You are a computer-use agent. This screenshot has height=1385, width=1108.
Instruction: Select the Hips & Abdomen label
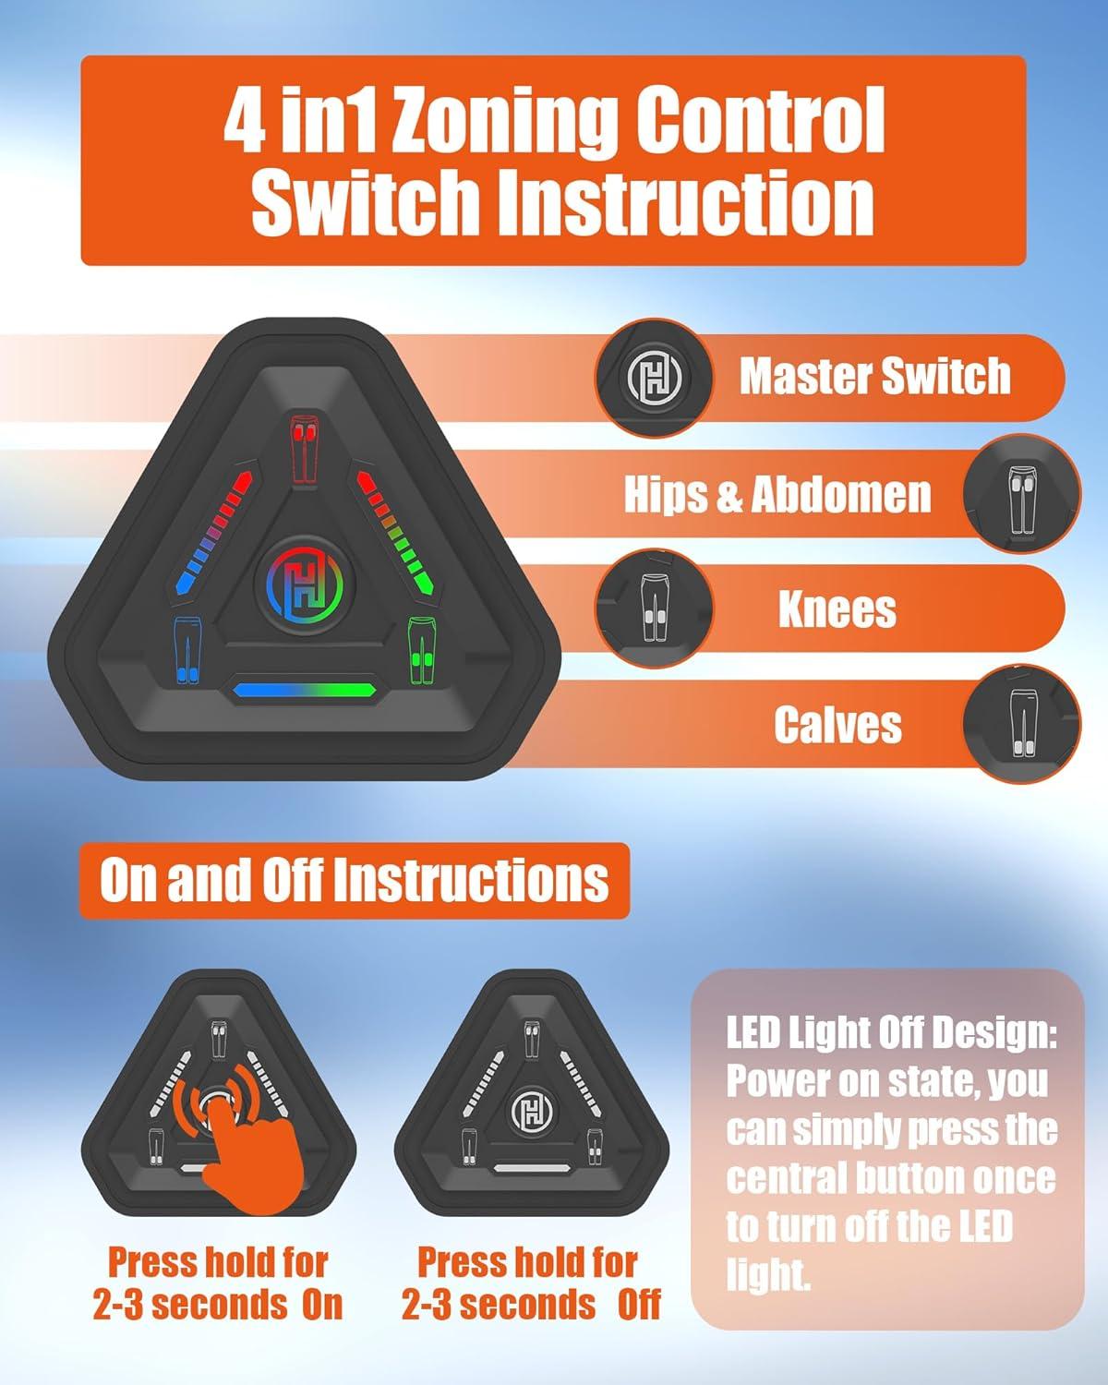coord(777,494)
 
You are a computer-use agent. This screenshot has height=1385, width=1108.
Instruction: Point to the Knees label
coord(837,608)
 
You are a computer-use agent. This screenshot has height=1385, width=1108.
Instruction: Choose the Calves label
coord(837,725)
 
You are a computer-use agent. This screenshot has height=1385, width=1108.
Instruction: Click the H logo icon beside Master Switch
coord(655,378)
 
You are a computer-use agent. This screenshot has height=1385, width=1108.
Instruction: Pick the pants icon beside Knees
coord(655,608)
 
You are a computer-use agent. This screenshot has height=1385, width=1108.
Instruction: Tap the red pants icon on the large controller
coord(301,448)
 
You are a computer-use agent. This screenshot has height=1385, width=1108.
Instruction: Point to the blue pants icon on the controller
coord(187,650)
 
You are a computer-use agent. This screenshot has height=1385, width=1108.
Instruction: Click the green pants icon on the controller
coord(422,650)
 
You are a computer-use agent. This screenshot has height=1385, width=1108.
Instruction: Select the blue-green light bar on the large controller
coord(305,691)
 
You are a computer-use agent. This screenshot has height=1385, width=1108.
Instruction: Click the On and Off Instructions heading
coord(354,881)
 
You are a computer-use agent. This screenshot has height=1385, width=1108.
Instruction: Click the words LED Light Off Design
coord(891,1033)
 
